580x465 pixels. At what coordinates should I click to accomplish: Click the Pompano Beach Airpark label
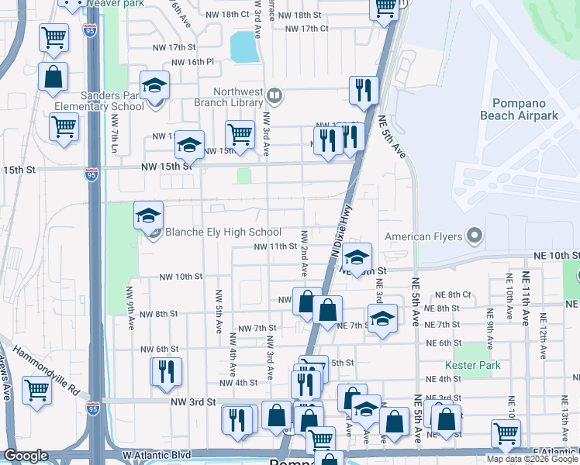(x=525, y=109)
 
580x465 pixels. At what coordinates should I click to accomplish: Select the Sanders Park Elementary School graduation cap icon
(x=154, y=86)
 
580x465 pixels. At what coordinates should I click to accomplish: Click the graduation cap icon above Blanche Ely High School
(x=149, y=216)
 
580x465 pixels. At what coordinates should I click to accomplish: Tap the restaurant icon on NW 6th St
(x=166, y=371)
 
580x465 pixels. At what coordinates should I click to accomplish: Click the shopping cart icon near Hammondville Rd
(x=36, y=390)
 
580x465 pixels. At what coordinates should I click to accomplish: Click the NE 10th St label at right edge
(x=555, y=256)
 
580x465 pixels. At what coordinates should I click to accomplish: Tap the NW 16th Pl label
(x=192, y=62)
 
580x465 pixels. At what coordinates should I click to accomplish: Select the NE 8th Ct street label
(x=453, y=294)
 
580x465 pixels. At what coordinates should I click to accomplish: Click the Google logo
(x=26, y=456)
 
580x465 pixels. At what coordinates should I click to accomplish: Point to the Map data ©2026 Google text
(x=531, y=459)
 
